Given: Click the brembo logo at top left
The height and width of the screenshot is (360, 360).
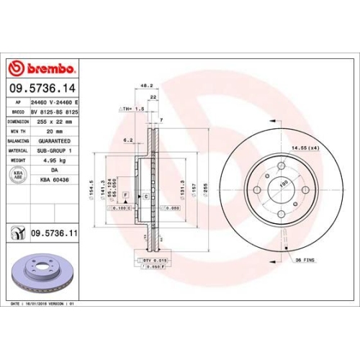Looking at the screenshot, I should (42, 68).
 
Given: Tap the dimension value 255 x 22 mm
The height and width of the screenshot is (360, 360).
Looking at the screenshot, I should (55, 122).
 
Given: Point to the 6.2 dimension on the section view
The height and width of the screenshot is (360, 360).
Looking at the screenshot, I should (127, 140).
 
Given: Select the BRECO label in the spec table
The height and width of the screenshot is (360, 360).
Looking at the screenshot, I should (15, 112).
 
